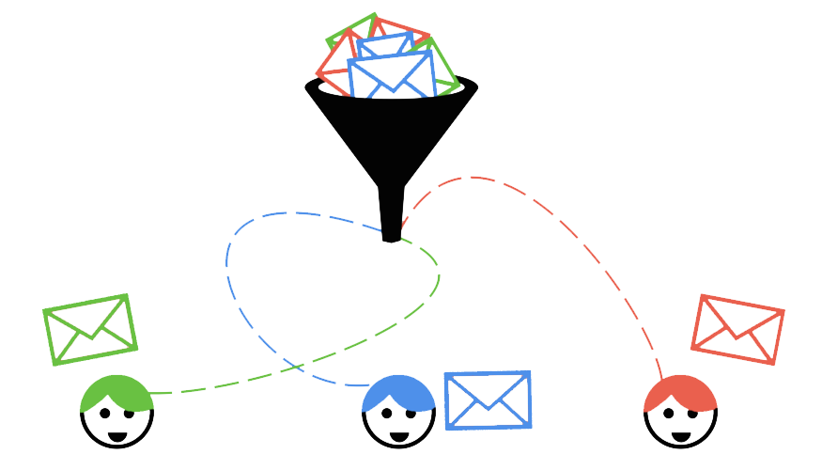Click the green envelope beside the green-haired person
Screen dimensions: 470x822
[90, 330]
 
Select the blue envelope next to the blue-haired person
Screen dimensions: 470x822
[488, 399]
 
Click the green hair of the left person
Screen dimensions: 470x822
[115, 393]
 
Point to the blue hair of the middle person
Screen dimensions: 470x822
[397, 392]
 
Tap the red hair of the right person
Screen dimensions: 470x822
[679, 393]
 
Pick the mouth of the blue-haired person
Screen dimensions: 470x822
[399, 435]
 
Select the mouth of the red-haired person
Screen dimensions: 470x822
[681, 435]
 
